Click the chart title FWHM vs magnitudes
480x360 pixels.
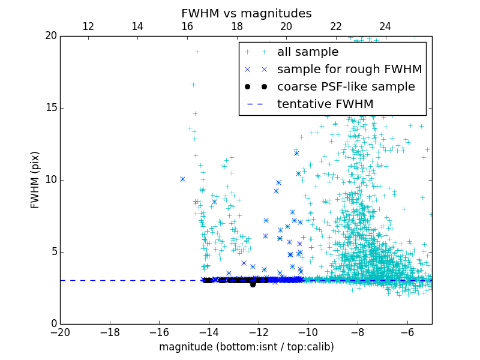(246, 13)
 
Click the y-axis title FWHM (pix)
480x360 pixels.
(35, 179)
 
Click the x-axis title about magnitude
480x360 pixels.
(246, 347)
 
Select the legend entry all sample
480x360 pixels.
(308, 52)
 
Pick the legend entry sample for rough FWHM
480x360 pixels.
(349, 69)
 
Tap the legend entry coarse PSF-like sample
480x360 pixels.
(346, 86)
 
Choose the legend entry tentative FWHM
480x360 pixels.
(325, 104)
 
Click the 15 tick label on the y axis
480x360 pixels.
(50, 108)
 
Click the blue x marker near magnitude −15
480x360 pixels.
(182, 179)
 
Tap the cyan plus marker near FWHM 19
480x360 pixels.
(197, 52)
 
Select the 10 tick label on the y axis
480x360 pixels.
(50, 180)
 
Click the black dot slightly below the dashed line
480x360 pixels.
(253, 284)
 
